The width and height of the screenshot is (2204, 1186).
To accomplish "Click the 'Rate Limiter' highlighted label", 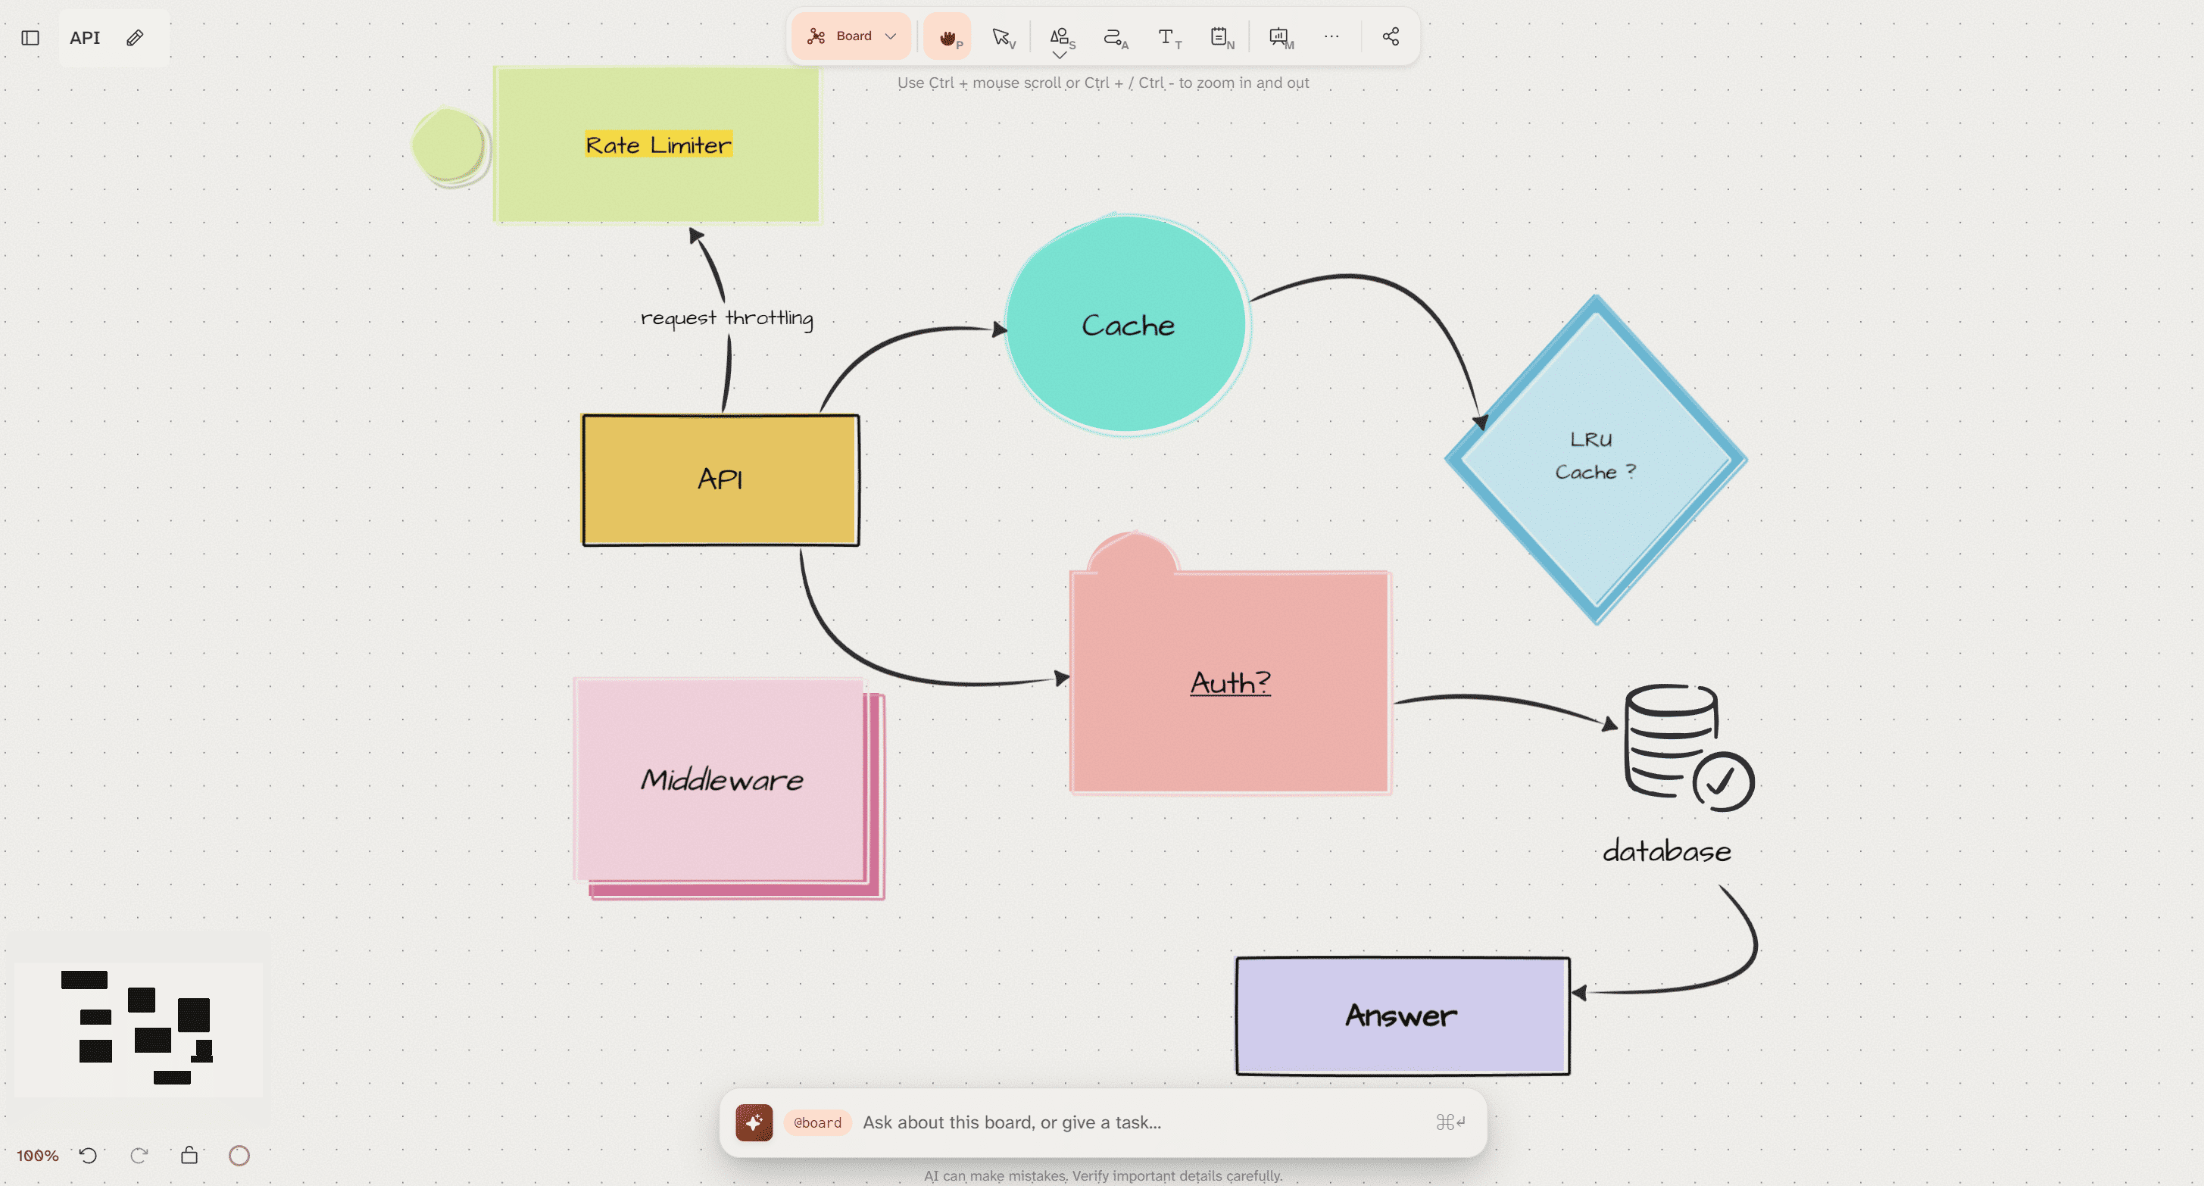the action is click(x=659, y=145).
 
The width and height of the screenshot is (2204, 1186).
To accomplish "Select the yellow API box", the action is click(x=720, y=480).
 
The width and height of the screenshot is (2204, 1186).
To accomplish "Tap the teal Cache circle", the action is click(x=1127, y=324).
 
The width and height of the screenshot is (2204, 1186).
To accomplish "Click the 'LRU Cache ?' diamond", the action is click(x=1596, y=460).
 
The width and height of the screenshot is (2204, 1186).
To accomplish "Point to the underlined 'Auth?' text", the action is click(x=1230, y=682).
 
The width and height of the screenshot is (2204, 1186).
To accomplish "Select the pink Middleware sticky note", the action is click(x=728, y=787).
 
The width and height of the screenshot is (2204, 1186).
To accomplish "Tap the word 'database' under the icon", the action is click(x=1667, y=851).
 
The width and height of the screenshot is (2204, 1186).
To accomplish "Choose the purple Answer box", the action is click(x=1403, y=1016).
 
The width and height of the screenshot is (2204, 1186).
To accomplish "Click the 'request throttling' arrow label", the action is click(x=727, y=318).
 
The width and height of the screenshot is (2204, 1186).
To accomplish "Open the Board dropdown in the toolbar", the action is click(x=851, y=36).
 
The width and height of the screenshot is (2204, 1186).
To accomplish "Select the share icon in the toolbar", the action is click(x=1391, y=36).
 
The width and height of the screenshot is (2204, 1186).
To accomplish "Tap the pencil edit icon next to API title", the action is click(x=134, y=38).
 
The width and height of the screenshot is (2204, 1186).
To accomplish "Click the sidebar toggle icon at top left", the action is click(x=30, y=38).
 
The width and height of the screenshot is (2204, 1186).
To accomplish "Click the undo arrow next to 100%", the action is click(x=88, y=1155).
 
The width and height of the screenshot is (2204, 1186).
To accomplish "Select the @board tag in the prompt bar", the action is click(x=817, y=1122).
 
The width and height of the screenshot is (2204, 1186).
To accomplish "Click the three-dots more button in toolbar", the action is click(x=1331, y=36).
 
